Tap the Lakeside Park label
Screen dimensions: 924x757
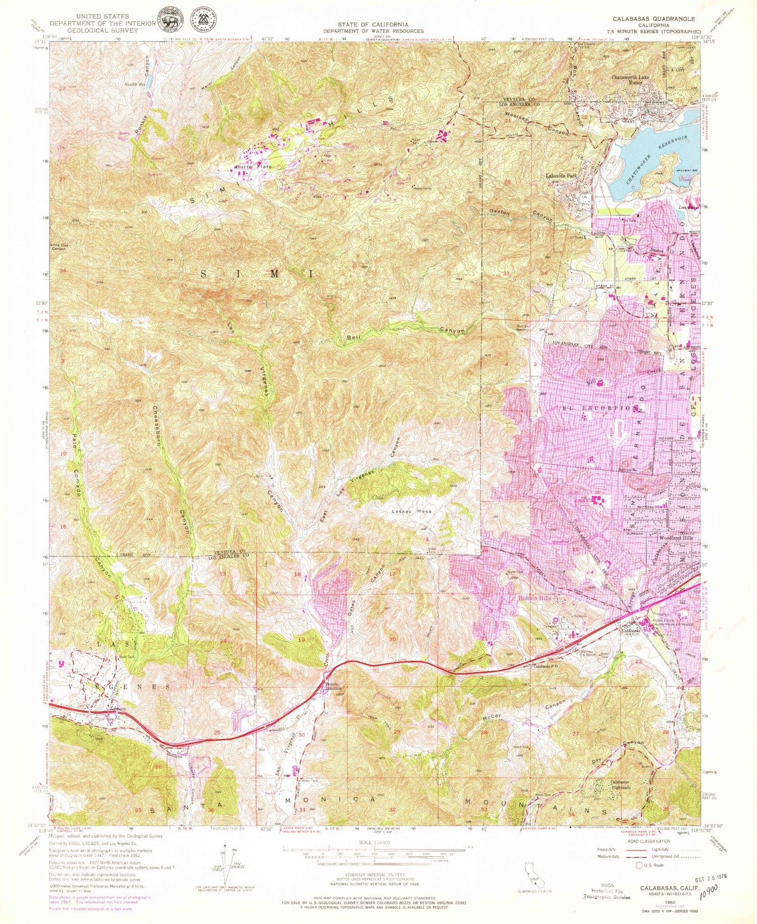561,176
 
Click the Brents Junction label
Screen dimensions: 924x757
333,688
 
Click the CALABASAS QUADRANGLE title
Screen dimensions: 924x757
654,19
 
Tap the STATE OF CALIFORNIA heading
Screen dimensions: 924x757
373,24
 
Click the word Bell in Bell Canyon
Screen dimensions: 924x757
353,337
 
